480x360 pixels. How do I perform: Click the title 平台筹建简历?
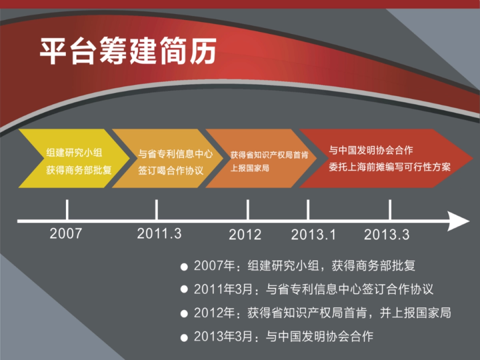pos(128,51)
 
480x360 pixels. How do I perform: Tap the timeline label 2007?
pos(66,234)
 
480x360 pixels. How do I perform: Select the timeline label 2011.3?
pos(159,234)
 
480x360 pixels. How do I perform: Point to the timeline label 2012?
pos(245,234)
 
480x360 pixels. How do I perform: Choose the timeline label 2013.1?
pos(313,234)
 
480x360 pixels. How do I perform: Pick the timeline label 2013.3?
pos(387,234)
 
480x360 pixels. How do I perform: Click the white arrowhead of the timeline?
pos(458,221)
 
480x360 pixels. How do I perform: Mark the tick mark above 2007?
pos(67,210)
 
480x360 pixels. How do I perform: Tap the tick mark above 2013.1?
pos(308,210)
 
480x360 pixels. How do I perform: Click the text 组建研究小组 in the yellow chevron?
pos(74,152)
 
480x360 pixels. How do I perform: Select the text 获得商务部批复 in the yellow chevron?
pos(79,170)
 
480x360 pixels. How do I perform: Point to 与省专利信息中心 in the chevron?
pos(175,154)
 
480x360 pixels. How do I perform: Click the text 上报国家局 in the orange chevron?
pos(250,168)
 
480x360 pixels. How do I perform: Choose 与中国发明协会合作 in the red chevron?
pos(371,150)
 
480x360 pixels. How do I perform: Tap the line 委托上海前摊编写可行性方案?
pos(390,167)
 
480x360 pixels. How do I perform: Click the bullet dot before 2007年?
pos(184,267)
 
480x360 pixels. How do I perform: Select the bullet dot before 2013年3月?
pos(184,338)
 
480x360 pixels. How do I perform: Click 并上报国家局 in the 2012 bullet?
pos(415,313)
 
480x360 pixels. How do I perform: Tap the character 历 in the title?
pos(203,51)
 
